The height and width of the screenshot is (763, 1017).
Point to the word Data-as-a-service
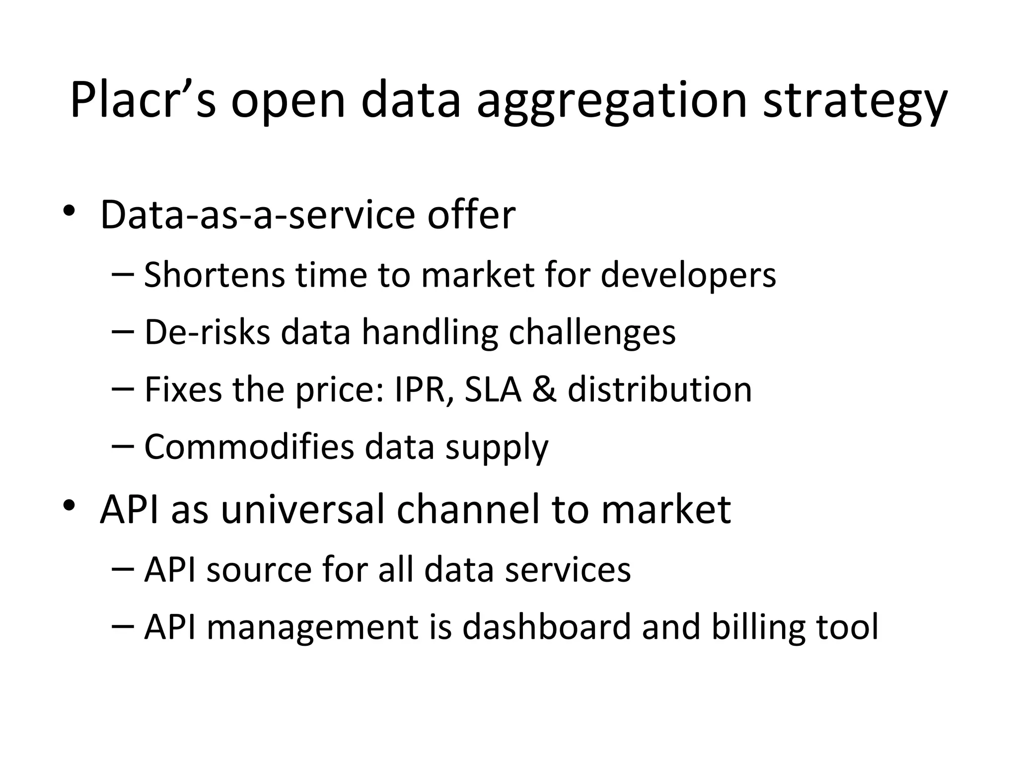click(258, 215)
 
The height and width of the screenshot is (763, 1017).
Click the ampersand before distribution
click(544, 390)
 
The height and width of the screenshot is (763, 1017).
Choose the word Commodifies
click(249, 447)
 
